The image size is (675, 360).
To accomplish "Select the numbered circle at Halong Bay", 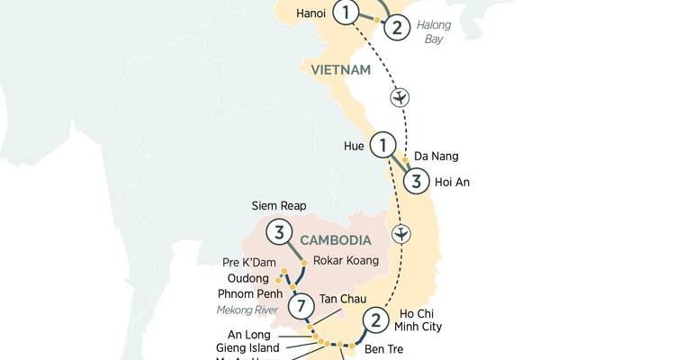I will (x=395, y=27).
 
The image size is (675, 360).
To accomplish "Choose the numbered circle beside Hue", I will (x=384, y=144).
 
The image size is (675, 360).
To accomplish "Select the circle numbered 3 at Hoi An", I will (x=414, y=180).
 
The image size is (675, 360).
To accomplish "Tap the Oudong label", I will (x=248, y=279).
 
